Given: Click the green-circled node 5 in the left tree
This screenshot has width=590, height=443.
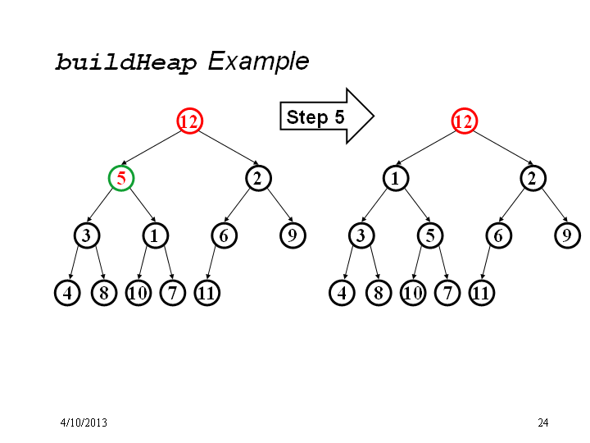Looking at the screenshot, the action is click(x=121, y=178).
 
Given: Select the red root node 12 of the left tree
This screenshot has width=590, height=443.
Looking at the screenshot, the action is click(x=189, y=121).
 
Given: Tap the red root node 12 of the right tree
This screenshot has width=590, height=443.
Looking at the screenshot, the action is click(x=465, y=121).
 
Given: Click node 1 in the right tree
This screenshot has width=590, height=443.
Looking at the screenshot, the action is click(x=396, y=178).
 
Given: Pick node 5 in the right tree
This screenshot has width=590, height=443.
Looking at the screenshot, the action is click(x=430, y=235).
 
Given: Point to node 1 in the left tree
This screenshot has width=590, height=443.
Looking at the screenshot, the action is click(x=156, y=235).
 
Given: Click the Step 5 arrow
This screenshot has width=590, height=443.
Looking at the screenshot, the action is click(x=327, y=116).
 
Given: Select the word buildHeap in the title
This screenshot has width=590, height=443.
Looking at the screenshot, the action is click(x=126, y=62).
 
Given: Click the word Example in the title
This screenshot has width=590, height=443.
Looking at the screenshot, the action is click(x=258, y=61).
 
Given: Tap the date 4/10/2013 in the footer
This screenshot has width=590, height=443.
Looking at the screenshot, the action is click(x=84, y=422).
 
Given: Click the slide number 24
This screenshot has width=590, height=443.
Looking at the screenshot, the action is click(x=543, y=422).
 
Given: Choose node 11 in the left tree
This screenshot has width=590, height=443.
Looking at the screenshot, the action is click(x=207, y=293).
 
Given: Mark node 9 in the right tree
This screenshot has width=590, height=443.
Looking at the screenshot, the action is click(x=567, y=235).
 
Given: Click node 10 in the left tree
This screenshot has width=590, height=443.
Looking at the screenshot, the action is click(x=138, y=293).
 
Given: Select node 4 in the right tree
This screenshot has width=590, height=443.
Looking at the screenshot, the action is click(x=342, y=293).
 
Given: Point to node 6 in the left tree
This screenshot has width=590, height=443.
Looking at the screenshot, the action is click(x=224, y=235).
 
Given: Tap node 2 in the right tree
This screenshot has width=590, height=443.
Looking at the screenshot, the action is click(x=533, y=178).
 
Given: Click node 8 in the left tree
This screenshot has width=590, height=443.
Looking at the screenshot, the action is click(x=104, y=293).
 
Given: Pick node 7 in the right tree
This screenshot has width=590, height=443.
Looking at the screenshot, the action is click(x=447, y=293).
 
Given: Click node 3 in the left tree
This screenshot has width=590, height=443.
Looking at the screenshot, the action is click(x=87, y=235).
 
